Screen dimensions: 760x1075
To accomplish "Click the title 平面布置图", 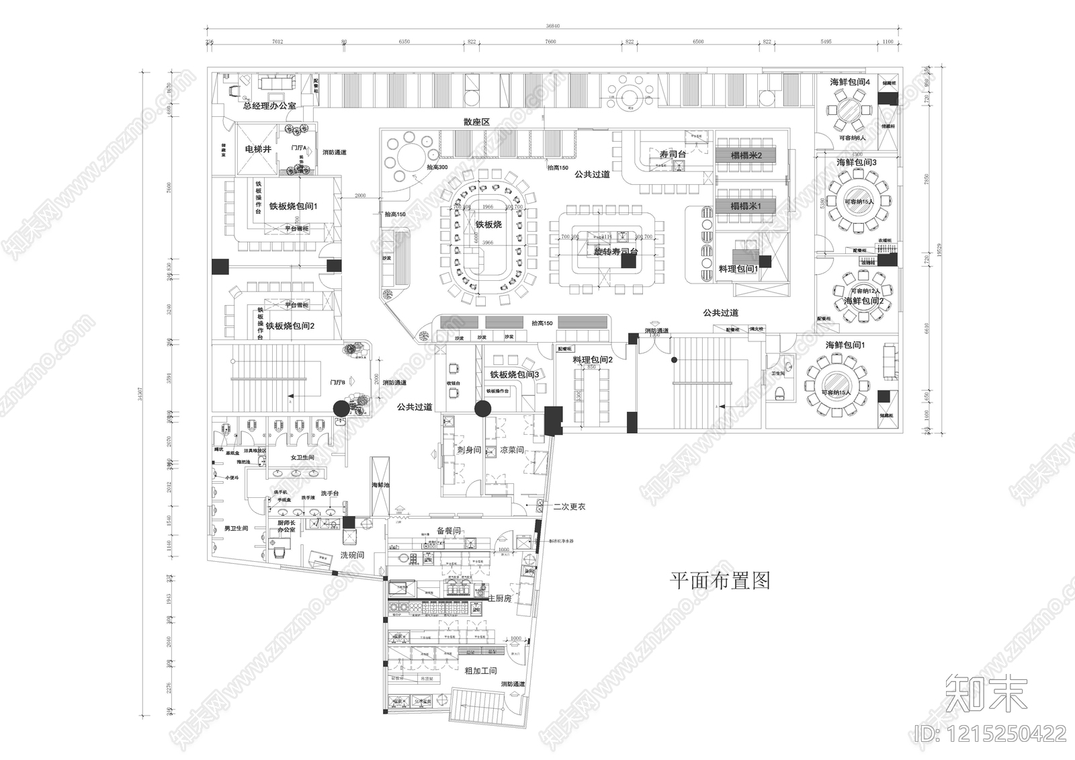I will click(x=720, y=581).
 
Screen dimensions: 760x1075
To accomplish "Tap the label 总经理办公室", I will click(x=269, y=106).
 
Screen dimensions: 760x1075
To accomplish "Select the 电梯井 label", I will click(x=258, y=149).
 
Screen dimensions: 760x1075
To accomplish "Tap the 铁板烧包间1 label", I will click(x=293, y=206).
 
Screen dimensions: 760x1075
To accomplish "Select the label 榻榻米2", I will click(x=746, y=156).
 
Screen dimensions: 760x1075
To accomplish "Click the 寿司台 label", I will click(x=672, y=155).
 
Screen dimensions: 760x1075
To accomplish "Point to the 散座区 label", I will click(x=476, y=122).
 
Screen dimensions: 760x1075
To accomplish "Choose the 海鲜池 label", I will click(x=380, y=484).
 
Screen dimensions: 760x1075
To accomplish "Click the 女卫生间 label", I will click(x=302, y=457).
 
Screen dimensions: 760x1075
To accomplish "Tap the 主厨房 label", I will click(x=499, y=597).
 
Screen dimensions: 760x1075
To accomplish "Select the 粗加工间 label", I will click(x=480, y=671).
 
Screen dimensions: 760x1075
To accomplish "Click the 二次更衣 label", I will click(x=569, y=506).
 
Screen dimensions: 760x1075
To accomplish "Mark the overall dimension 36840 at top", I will click(x=552, y=26).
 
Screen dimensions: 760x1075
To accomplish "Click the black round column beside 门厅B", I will click(x=341, y=408).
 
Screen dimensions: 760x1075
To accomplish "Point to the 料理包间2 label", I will click(x=593, y=360).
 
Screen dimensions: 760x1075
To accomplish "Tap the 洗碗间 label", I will click(x=352, y=555).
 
